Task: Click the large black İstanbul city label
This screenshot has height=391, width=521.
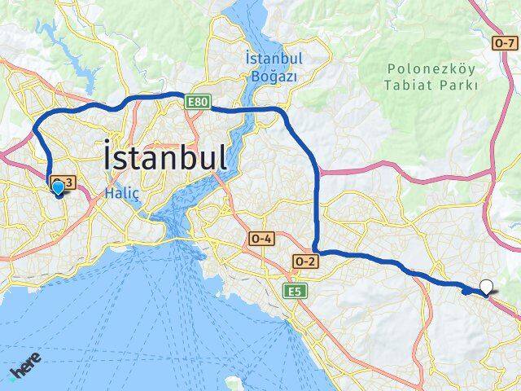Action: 165,156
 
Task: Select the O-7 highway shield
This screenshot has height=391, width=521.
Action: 504,42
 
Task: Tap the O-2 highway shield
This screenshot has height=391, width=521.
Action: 304,261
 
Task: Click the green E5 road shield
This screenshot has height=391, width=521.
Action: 292,290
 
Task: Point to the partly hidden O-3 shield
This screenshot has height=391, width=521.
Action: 63,180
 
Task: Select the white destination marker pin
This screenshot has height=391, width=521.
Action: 487,287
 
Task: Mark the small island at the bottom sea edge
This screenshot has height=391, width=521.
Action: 234,382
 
